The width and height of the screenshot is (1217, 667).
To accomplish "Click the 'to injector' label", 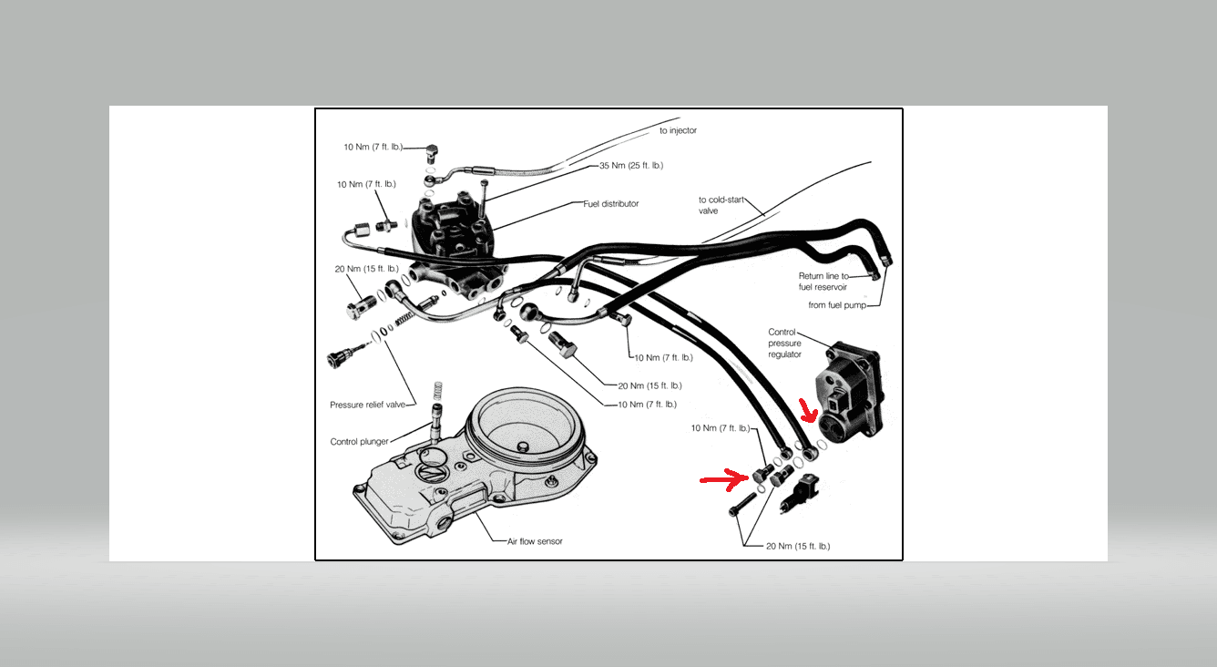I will tap(678, 130).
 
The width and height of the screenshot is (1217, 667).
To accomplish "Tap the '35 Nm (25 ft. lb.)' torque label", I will tap(630, 166).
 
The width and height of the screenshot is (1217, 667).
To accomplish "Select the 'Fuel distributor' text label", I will tap(610, 203).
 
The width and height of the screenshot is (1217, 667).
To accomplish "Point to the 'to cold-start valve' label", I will tap(721, 205).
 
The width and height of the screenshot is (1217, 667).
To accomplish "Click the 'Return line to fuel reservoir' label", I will tap(823, 282).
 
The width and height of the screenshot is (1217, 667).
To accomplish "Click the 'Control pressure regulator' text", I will tap(784, 344).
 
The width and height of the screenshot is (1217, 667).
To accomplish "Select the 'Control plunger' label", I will tap(359, 442).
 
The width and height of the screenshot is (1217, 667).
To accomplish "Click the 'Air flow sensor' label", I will tap(535, 541).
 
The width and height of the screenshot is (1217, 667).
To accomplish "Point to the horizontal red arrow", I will tap(723, 477).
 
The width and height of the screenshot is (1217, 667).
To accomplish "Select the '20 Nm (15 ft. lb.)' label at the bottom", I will tap(785, 546).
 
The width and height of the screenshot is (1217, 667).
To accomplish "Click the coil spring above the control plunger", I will tap(437, 392).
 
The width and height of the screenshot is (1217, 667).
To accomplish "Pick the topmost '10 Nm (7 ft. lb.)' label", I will tap(373, 147).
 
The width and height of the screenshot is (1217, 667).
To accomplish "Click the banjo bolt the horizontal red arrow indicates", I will tap(762, 474).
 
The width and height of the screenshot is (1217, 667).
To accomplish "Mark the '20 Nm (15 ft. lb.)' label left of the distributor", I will tap(366, 269).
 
